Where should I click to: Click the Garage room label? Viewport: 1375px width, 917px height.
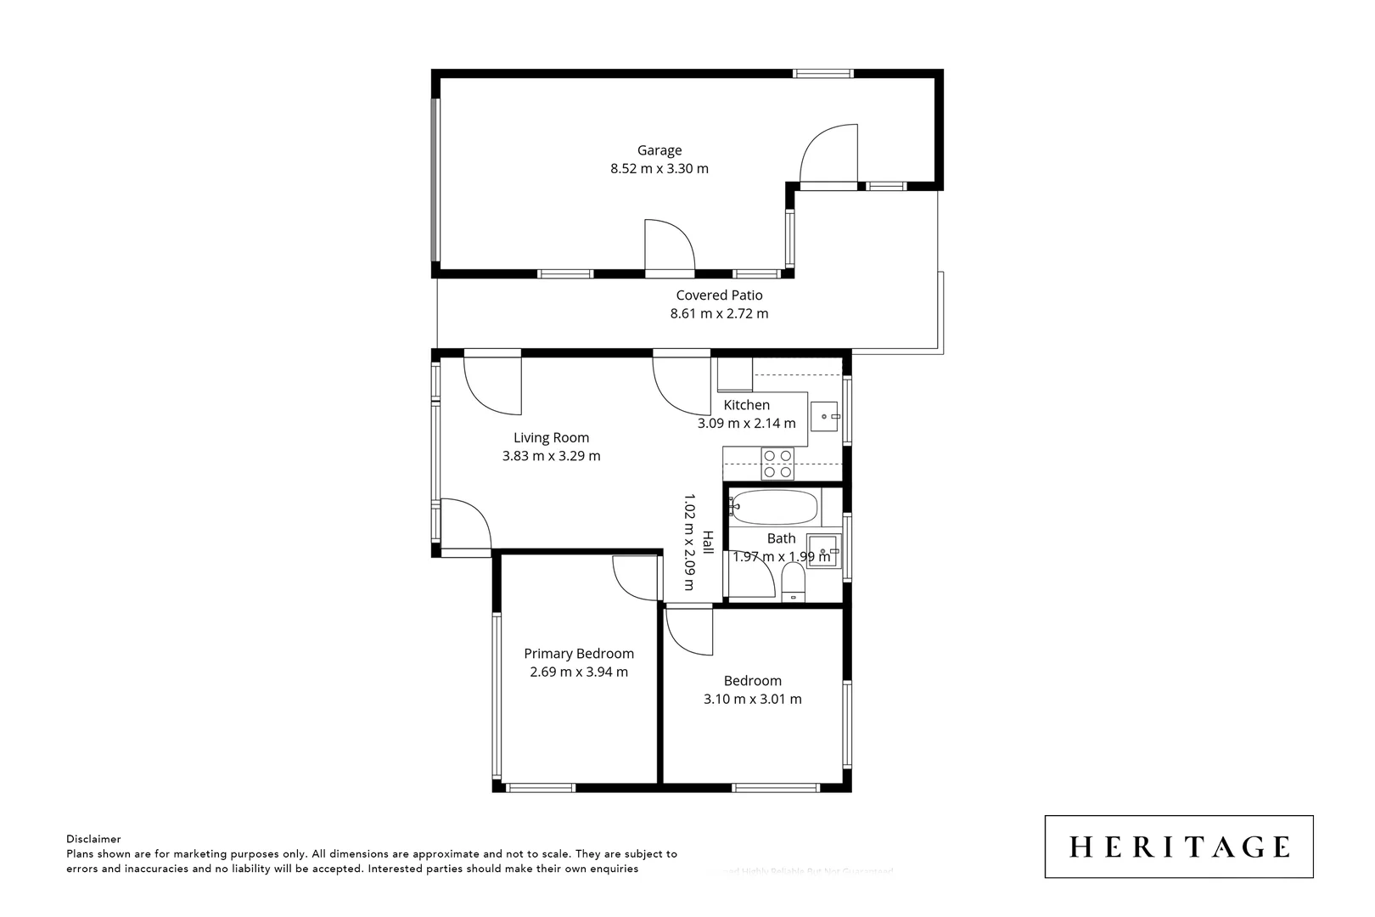tap(659, 150)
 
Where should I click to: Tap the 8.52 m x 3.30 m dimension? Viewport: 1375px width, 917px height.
tap(659, 168)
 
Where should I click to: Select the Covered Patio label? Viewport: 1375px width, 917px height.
tap(719, 295)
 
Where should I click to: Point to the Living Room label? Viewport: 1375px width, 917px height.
tap(551, 438)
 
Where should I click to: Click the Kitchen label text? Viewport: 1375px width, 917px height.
tap(746, 405)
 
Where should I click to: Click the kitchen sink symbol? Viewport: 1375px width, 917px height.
tap(823, 416)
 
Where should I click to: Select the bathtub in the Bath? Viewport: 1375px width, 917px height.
tap(773, 508)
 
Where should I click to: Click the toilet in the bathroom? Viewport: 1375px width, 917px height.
tap(793, 584)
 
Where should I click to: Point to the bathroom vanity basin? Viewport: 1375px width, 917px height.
tap(822, 551)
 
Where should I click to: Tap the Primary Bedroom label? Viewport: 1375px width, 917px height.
tap(579, 654)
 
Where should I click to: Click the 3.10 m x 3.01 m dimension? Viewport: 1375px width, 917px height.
tap(752, 699)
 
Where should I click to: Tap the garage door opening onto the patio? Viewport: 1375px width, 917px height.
tap(670, 247)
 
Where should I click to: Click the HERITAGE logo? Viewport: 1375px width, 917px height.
tap(1179, 847)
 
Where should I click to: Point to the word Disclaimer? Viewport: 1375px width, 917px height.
tap(93, 839)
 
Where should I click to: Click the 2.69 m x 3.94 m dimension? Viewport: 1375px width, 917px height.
tap(579, 672)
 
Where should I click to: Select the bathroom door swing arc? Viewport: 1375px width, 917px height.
tap(754, 579)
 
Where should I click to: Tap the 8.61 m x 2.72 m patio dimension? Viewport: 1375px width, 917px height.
tap(719, 313)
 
